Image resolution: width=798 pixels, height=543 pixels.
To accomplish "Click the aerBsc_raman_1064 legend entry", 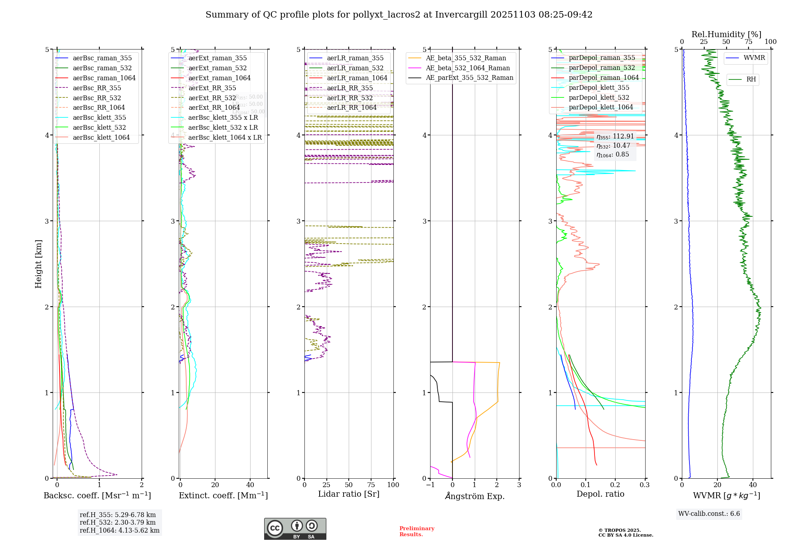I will point(104,78).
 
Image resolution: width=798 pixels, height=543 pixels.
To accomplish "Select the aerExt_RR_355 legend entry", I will point(212,88).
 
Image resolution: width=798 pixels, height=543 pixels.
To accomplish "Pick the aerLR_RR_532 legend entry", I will point(350,98).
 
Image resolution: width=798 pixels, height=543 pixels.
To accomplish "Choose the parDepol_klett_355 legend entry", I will point(598,87).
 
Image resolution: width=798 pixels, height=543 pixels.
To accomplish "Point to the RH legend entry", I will point(751,79).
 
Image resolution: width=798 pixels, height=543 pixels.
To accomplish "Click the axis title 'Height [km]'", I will point(38,264).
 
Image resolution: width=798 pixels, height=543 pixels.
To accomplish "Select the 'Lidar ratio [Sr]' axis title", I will point(349,494).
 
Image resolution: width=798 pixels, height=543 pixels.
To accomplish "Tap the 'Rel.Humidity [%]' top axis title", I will point(726,34).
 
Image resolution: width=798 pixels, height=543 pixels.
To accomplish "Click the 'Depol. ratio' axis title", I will point(600,494).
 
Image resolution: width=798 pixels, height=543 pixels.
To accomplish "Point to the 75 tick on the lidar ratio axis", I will point(371,485).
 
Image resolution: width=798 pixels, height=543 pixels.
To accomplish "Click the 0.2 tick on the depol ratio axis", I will point(615,485).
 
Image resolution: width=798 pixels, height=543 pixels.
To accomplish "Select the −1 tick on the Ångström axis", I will point(430,485).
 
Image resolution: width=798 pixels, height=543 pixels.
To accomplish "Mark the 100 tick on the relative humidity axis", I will point(770,42).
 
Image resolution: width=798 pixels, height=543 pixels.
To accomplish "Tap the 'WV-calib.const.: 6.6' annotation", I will point(709,514).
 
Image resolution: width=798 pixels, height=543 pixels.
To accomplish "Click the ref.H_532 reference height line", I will point(118,522).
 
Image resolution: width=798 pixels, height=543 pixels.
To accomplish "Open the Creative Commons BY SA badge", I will point(295,529).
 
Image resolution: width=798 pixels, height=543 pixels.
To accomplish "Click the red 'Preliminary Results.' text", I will point(417,531).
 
